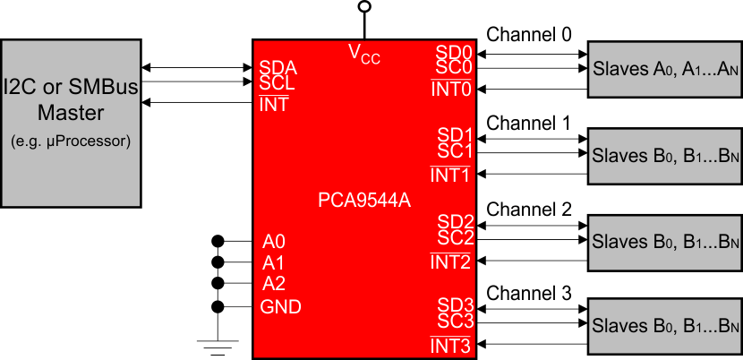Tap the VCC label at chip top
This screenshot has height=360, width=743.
pos(363,54)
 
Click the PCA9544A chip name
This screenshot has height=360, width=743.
pos(363,200)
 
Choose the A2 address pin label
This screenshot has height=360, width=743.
pos(273,285)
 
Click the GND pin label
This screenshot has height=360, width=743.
pos(280,307)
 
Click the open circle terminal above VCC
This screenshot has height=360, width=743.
pos(363,7)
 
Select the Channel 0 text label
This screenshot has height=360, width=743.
pos(528,35)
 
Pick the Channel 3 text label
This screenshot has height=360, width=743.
pos(528,294)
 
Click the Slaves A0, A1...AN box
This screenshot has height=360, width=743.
pos(663,68)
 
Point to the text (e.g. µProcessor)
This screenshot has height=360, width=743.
pos(71,141)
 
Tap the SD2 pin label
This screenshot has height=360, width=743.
pos(455,221)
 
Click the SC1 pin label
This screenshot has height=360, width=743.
pos(455,151)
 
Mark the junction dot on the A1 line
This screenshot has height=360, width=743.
pos(217,262)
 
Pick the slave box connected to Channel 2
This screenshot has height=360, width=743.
pos(663,242)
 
